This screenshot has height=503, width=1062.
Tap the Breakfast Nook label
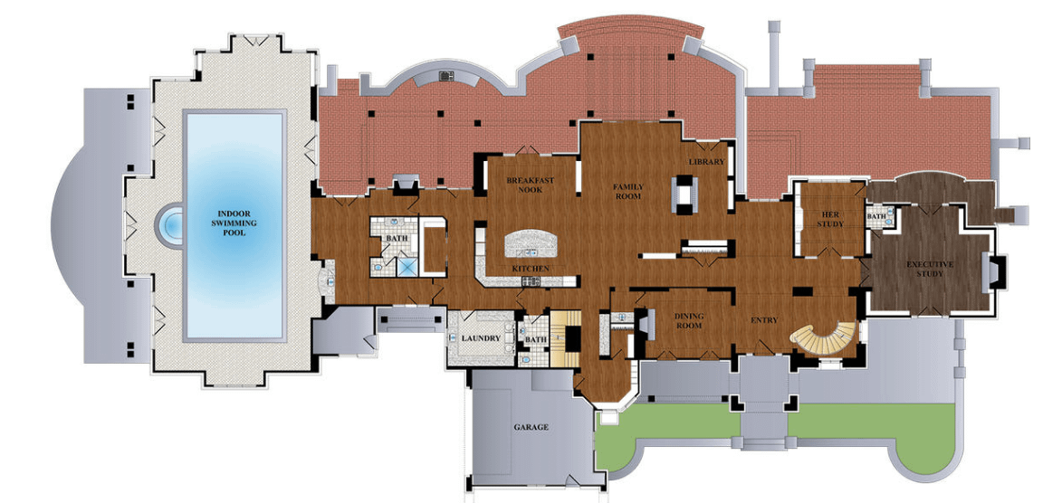click(530, 185)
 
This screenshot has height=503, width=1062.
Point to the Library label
click(706, 162)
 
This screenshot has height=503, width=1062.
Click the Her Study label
click(830, 219)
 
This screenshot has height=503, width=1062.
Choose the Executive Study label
click(930, 269)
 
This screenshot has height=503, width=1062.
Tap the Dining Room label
click(689, 320)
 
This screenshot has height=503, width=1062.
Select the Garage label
click(531, 427)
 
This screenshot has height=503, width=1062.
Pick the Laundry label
click(481, 338)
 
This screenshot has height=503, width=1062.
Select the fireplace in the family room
click(683, 193)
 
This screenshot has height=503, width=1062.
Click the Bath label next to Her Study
click(875, 217)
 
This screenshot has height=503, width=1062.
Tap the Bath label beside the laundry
click(536, 340)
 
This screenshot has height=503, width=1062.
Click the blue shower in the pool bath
click(408, 266)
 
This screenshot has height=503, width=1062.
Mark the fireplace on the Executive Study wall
click(994, 272)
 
